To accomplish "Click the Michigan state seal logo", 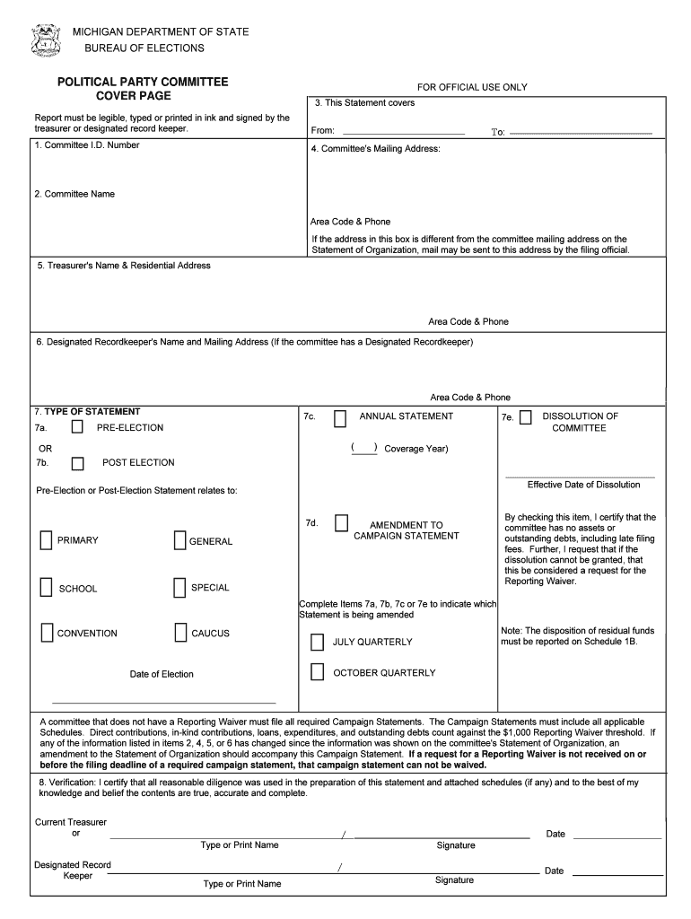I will click(x=45, y=40).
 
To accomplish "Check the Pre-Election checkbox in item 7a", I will click(x=78, y=427).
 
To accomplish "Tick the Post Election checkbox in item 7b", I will click(x=78, y=463).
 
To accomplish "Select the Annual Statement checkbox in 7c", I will click(x=340, y=418).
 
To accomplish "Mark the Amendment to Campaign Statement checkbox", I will click(x=341, y=523).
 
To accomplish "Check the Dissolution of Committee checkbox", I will click(x=525, y=417).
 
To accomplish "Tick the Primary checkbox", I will click(x=46, y=540).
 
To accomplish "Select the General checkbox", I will click(x=179, y=540).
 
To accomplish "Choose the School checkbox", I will click(x=46, y=588).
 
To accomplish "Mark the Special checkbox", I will click(x=179, y=588).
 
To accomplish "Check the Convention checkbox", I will click(x=46, y=633).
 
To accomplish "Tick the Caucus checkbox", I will click(x=180, y=633).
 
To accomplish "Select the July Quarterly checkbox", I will click(x=317, y=642).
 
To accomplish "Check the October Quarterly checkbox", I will click(x=317, y=672).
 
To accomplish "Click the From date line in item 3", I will click(x=401, y=132).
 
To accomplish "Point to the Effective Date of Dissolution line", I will click(x=580, y=476).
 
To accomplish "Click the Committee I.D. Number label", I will click(x=87, y=145).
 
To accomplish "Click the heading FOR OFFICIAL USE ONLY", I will click(x=472, y=87).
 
